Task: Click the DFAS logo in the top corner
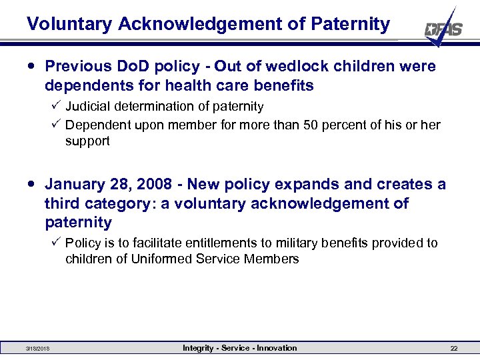(443, 29)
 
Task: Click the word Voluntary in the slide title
(69, 25)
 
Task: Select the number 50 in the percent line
(306, 125)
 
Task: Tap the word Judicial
(88, 107)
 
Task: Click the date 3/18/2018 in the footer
(37, 349)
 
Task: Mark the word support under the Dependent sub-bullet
(87, 141)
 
